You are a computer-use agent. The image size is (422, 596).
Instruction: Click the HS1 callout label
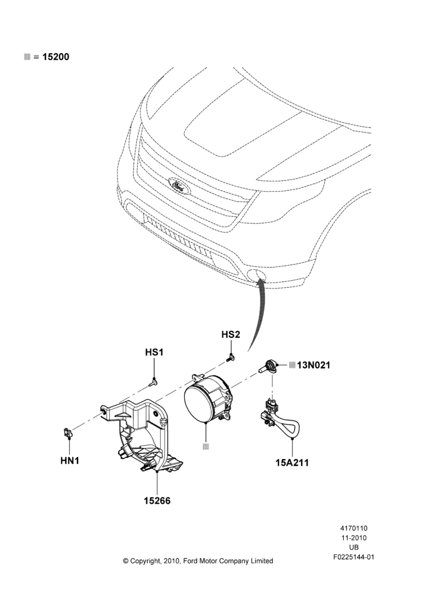coord(154,352)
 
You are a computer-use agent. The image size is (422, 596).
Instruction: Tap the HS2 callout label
coord(231,334)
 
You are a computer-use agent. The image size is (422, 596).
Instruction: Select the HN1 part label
coord(70,461)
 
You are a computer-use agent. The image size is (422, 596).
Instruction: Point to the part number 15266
coord(157,501)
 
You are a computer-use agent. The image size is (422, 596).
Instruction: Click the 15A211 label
coord(292,462)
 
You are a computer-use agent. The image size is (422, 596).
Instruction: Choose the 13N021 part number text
coord(314,365)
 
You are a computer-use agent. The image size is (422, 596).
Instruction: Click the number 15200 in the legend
coord(55,57)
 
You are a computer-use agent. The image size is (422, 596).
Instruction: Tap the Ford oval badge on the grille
coord(179,186)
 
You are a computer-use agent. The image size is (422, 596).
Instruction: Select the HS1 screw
coord(153,381)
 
